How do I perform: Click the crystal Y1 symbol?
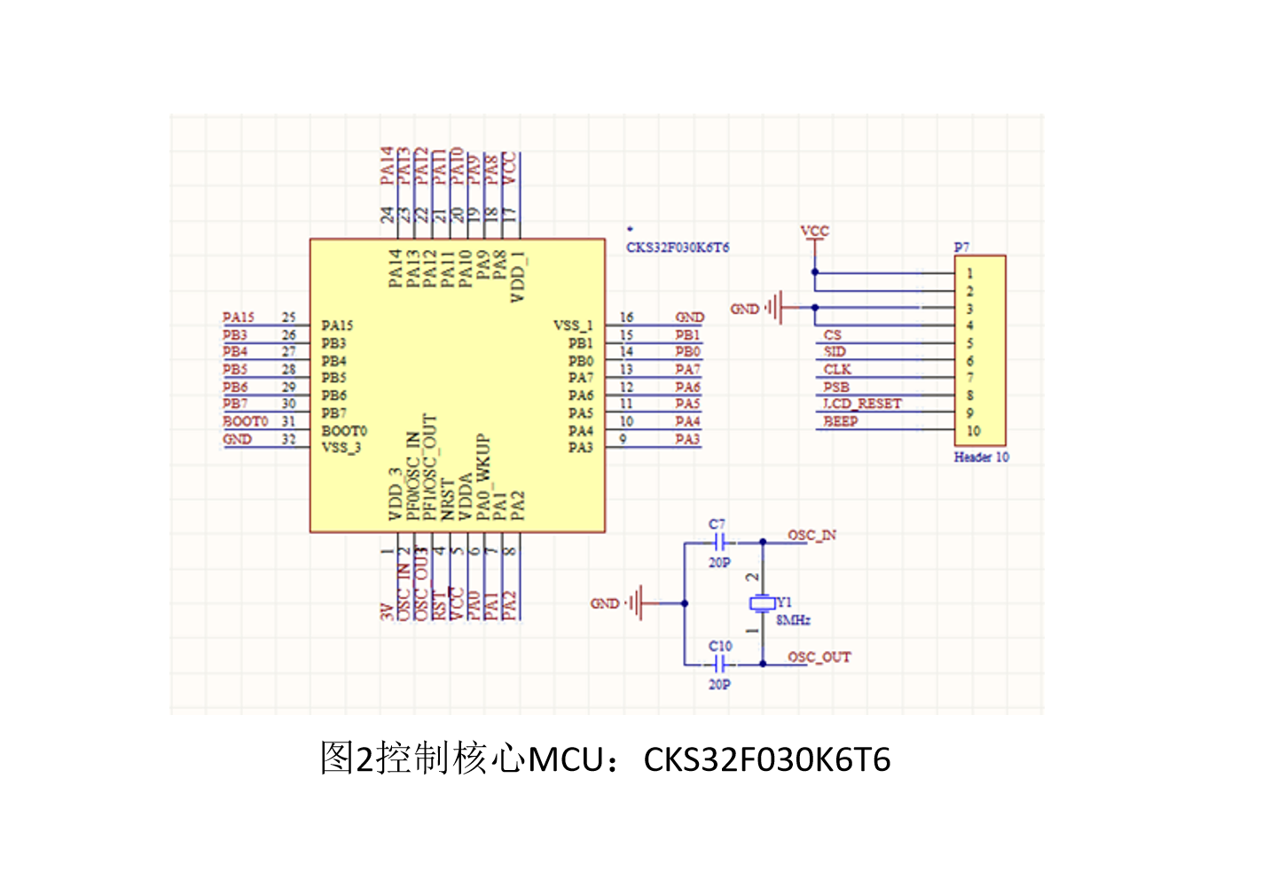click(762, 603)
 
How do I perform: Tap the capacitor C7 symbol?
click(720, 541)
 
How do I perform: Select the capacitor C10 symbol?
click(720, 664)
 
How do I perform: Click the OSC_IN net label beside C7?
click(811, 535)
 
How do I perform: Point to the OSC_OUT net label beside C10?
click(819, 657)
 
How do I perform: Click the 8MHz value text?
click(793, 620)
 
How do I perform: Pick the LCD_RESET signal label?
click(862, 404)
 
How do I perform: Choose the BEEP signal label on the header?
click(840, 421)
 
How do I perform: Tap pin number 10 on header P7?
click(974, 431)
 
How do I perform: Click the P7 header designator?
click(961, 247)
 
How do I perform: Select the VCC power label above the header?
click(814, 232)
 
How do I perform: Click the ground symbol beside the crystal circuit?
click(636, 603)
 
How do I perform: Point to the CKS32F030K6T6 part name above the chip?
click(678, 248)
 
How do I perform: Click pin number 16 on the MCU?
click(626, 317)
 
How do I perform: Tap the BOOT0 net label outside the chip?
click(245, 421)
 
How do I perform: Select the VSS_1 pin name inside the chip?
click(573, 326)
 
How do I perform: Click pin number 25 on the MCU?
click(289, 317)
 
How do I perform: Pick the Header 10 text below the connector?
click(981, 457)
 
